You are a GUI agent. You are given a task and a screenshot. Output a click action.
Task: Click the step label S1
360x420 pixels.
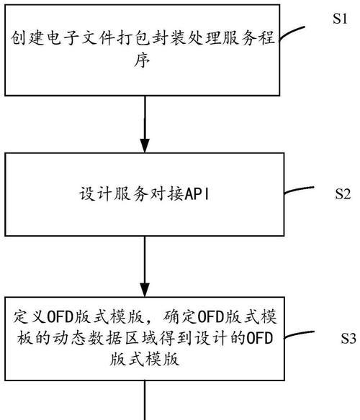(x=340, y=19)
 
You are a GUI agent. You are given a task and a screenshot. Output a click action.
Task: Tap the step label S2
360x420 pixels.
(x=343, y=193)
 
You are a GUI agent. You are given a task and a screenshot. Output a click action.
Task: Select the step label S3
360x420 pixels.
(x=348, y=338)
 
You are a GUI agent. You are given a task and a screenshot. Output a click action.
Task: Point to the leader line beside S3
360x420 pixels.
(x=299, y=334)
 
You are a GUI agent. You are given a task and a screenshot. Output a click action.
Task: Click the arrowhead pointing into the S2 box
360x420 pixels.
(x=145, y=145)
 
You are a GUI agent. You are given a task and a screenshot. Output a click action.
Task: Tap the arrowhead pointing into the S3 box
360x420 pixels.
(x=145, y=290)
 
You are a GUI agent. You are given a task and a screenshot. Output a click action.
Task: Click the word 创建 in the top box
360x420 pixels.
(x=27, y=38)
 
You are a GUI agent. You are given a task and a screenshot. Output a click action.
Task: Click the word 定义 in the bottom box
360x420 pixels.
(x=30, y=317)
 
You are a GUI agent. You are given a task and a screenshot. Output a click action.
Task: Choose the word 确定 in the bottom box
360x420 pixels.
(x=180, y=317)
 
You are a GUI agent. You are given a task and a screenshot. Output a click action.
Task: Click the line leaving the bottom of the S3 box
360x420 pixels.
(x=145, y=400)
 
